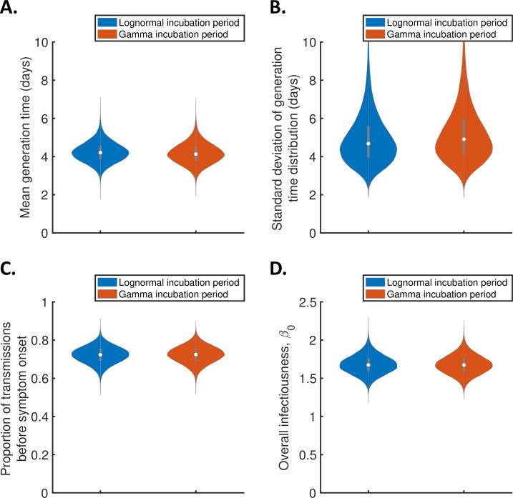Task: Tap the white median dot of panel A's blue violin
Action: coord(100,152)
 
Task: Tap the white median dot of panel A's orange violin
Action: coord(195,154)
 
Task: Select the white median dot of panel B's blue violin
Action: coord(368,144)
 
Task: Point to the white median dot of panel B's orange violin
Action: coord(464,139)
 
